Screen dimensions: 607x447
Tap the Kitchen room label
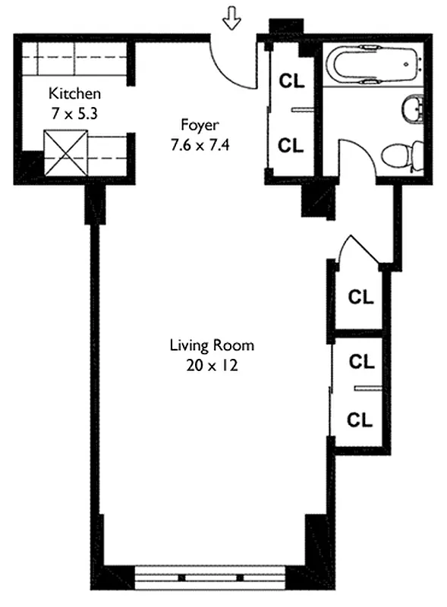tap(74, 94)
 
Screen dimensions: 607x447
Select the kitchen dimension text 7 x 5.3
tap(74, 111)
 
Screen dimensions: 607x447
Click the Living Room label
tap(211, 345)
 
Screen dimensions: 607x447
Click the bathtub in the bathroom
tap(370, 64)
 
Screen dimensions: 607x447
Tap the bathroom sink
tap(412, 109)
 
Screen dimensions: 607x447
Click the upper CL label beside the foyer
tap(291, 79)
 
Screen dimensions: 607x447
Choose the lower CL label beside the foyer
tap(291, 145)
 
